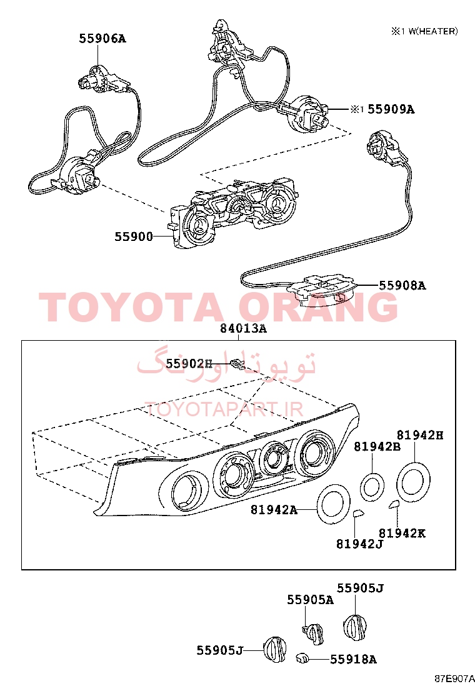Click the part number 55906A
(x=102, y=39)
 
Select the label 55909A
(x=391, y=109)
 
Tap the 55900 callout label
(x=134, y=237)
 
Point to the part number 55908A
(x=402, y=285)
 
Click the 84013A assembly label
(x=243, y=328)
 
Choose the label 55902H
(x=189, y=363)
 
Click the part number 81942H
(x=419, y=435)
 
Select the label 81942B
(x=377, y=447)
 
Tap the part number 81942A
(x=274, y=510)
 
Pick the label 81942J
(x=359, y=544)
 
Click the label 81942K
(x=402, y=533)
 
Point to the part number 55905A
(x=310, y=600)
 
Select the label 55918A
(x=353, y=660)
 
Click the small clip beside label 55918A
(x=302, y=658)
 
